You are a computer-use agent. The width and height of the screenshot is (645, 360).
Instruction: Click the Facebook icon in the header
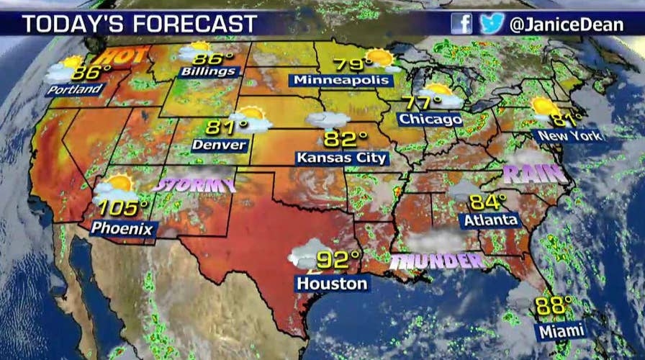pyautogui.click(x=461, y=24)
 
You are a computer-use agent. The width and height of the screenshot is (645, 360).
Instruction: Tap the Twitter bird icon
pyautogui.click(x=491, y=24)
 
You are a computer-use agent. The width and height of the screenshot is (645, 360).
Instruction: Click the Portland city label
pyautogui.click(x=73, y=90)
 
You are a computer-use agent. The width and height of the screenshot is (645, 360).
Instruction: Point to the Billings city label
pyautogui.click(x=209, y=71)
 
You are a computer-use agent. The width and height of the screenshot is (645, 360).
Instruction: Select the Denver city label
pyautogui.click(x=220, y=145)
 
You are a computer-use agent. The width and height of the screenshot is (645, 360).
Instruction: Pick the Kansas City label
pyautogui.click(x=342, y=158)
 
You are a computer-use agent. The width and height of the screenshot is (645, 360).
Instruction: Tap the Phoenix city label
pyautogui.click(x=123, y=228)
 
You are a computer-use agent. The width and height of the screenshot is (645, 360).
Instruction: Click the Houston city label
pyautogui.click(x=332, y=284)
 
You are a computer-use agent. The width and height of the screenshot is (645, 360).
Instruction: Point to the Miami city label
pyautogui.click(x=560, y=331)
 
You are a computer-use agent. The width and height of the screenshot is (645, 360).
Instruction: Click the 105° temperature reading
pyautogui.click(x=122, y=208)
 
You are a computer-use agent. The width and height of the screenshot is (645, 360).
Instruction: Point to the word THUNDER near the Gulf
pyautogui.click(x=436, y=261)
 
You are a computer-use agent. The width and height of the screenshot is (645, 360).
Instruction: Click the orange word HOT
pyautogui.click(x=123, y=55)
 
